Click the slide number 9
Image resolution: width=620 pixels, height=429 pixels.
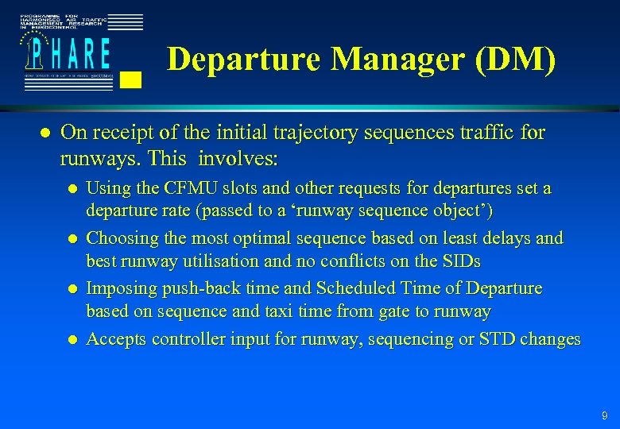pos(605,415)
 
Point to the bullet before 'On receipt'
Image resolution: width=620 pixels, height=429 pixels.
pos(45,133)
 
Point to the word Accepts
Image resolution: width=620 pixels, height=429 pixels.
pos(114,339)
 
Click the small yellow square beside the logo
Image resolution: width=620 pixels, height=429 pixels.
pos(132,79)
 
